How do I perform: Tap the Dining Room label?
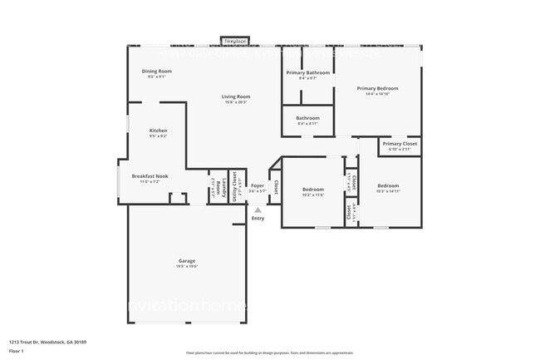tap(157, 72)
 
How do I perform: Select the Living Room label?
tap(236, 96)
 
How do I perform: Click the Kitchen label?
tap(158, 131)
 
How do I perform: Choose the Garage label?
tap(186, 260)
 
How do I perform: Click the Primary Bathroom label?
tap(308, 73)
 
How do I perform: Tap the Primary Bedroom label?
tap(378, 88)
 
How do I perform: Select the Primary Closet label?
tap(400, 144)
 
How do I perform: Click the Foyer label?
tap(258, 185)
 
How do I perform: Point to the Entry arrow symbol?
tap(258, 210)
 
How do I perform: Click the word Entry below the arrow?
tap(258, 219)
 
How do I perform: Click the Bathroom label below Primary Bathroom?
tap(308, 118)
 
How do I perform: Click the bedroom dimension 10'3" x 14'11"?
tap(389, 191)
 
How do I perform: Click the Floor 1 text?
tap(17, 351)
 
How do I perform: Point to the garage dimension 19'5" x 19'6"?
tap(186, 266)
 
